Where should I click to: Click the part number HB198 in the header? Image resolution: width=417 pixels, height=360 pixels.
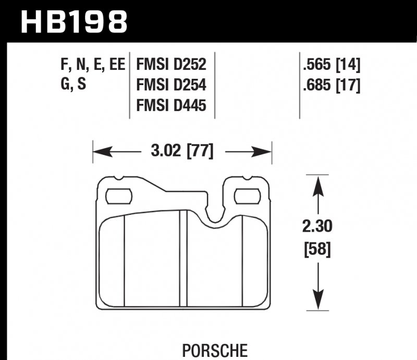pyautogui.click(x=73, y=21)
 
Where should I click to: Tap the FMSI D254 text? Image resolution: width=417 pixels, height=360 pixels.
pyautogui.click(x=171, y=85)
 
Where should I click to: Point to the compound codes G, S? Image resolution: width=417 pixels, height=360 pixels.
pyautogui.click(x=72, y=85)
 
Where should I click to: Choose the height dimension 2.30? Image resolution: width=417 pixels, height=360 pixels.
pyautogui.click(x=316, y=227)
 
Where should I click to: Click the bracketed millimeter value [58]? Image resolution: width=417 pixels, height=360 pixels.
pyautogui.click(x=316, y=250)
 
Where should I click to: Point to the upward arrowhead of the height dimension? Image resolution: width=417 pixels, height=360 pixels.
pyautogui.click(x=316, y=184)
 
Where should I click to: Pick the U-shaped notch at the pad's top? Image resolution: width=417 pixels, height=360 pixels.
pyautogui.click(x=215, y=214)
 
